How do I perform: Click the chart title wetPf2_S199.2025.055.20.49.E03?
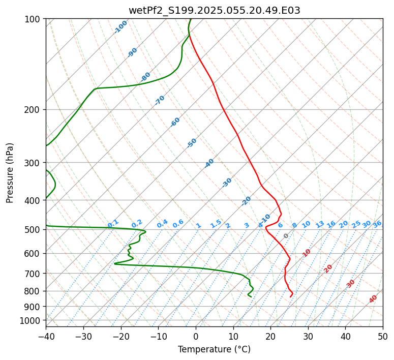214,10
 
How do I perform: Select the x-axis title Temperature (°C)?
214,349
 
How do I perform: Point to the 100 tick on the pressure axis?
34,19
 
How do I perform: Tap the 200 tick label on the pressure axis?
34,110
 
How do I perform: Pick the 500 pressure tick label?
34,230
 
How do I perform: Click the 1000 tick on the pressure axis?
32,321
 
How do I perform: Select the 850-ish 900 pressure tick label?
34,307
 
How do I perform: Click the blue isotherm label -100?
121,26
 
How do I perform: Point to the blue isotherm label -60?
175,122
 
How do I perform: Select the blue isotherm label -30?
227,183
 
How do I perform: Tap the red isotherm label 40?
373,299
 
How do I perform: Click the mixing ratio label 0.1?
113,223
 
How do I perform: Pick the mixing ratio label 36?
377,224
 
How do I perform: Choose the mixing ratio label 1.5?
216,223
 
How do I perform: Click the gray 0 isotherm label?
286,236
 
